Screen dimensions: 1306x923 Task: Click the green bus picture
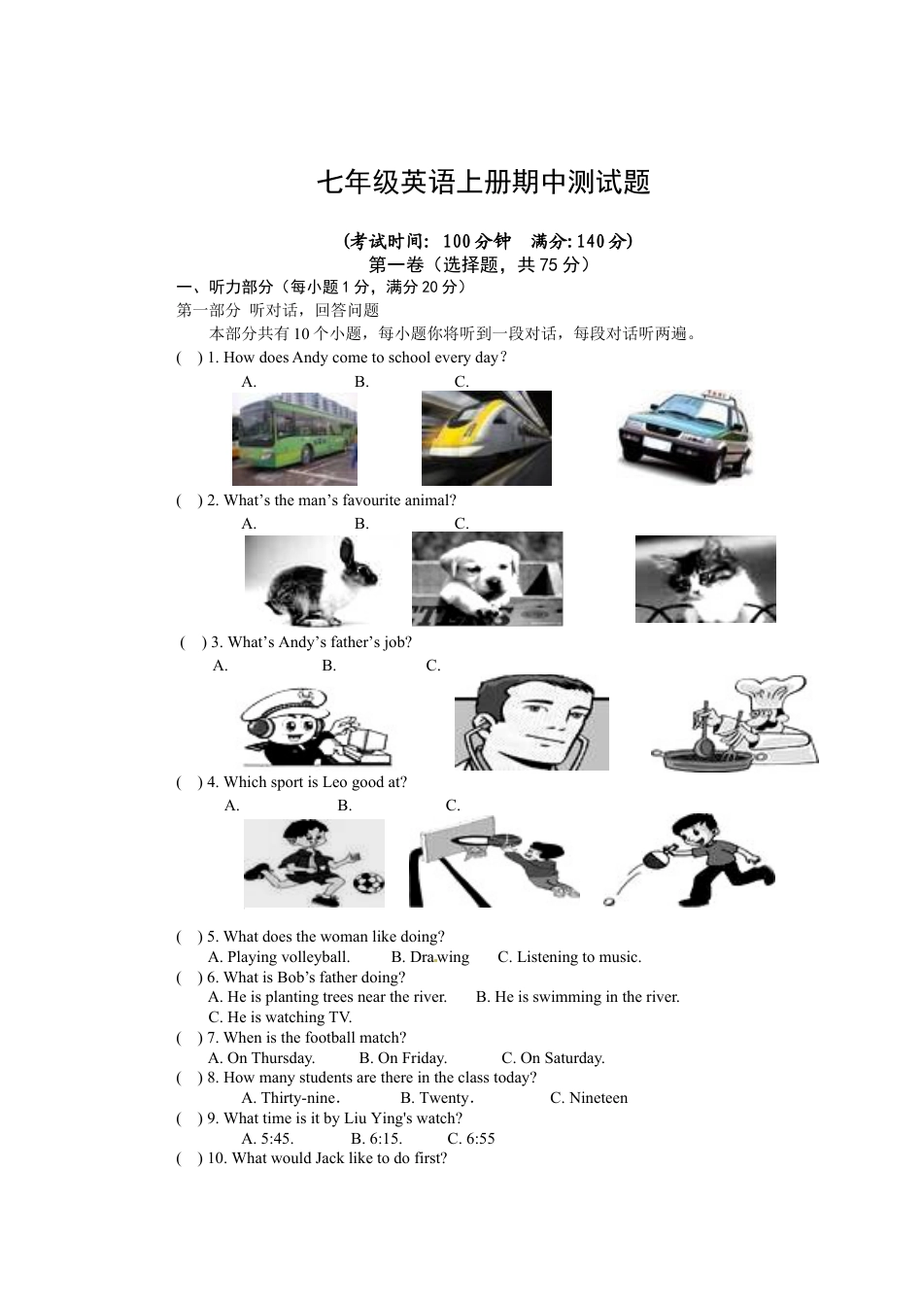tap(294, 439)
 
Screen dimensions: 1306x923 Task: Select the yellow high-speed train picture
tap(486, 438)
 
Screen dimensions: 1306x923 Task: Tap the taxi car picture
tap(685, 437)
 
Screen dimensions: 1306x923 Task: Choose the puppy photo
tap(487, 579)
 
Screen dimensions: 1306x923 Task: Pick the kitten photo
tap(705, 579)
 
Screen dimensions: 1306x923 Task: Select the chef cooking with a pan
tap(735, 724)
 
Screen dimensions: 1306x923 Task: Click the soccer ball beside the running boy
tap(368, 883)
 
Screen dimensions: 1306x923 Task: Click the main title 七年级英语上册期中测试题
tap(483, 183)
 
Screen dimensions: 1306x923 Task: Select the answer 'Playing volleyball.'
tap(279, 957)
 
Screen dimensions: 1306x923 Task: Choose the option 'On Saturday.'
tap(553, 1058)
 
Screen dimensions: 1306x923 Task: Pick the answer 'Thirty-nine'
tap(289, 1098)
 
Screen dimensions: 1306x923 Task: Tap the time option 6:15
tap(377, 1139)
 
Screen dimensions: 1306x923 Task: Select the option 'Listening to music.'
tap(569, 957)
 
